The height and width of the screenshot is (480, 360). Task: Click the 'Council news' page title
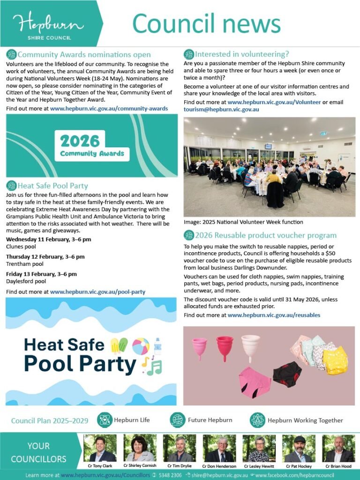pos(206,23)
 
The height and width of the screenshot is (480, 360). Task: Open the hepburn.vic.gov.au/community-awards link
pos(109,108)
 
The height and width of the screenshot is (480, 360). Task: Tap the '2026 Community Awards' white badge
pos(92,145)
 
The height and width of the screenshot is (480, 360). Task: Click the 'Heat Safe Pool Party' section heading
pos(52,186)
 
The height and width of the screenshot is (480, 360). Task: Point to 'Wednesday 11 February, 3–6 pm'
pos(48,240)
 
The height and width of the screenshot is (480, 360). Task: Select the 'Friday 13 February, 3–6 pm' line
pos(41,274)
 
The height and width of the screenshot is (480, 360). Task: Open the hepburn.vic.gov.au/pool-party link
pos(97,292)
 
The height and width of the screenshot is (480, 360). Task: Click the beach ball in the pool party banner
pos(141,346)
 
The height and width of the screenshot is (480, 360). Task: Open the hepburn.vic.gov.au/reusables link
pos(274,315)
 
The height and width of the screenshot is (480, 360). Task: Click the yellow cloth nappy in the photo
pos(336,360)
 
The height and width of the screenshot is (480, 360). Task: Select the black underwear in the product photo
pos(287,374)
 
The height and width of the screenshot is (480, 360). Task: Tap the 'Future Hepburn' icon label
pos(210,420)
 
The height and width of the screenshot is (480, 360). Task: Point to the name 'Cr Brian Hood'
pos(338,466)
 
